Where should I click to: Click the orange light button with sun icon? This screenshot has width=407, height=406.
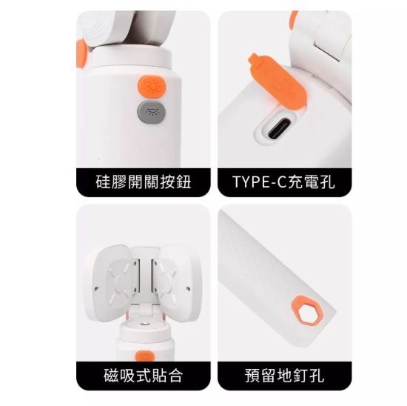[x=152, y=86]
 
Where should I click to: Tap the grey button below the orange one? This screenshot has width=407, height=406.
[x=152, y=112]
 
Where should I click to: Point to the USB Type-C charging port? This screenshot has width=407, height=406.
[x=276, y=128]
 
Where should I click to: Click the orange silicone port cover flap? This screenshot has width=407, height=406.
[x=277, y=80]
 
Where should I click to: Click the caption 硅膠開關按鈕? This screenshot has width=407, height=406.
[x=144, y=182]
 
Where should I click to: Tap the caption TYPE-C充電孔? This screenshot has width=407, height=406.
[x=284, y=182]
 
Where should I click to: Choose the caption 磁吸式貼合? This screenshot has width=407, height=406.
[x=144, y=376]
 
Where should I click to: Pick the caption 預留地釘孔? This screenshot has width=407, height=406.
[x=284, y=376]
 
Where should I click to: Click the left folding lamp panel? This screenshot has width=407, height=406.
[x=112, y=282]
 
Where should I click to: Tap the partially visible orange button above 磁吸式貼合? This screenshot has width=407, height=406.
[x=145, y=356]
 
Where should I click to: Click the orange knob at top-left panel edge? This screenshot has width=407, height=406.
[x=81, y=56]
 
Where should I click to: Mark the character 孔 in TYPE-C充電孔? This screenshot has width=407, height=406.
[x=327, y=182]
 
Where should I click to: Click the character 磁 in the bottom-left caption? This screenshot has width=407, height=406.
[x=111, y=376]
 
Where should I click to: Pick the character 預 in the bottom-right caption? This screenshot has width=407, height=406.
[x=252, y=376]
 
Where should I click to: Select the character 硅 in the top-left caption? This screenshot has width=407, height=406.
[x=104, y=182]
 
